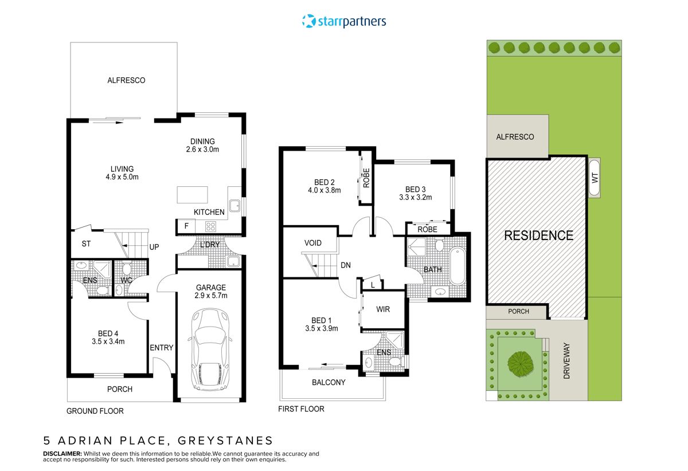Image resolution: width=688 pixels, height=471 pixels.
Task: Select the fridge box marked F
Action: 186,226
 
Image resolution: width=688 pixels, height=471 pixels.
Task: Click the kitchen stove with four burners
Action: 211,226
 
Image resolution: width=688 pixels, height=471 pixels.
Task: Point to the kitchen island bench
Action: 192,195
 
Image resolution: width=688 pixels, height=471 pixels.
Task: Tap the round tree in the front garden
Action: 520,363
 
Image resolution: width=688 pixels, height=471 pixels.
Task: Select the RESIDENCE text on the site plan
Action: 538,235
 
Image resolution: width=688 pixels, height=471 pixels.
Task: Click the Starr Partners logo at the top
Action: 344,22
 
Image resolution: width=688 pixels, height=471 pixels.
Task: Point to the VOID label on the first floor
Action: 312,243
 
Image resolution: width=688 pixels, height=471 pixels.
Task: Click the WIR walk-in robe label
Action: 383,309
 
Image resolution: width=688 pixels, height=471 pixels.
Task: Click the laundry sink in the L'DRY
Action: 233,262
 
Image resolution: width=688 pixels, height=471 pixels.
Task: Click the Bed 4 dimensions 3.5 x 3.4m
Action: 108,341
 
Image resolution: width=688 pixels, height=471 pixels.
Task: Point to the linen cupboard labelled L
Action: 373,285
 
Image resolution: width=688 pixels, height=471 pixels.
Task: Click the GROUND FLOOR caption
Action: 95,411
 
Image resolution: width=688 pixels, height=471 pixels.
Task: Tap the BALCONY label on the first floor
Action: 329,382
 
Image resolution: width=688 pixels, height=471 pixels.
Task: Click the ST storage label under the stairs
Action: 86,244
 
